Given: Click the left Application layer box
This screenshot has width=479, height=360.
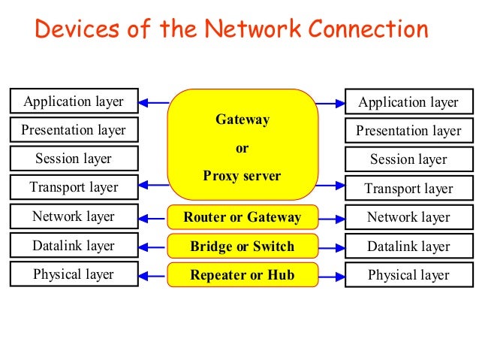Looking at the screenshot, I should (x=74, y=101).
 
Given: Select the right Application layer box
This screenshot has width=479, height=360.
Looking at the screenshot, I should (x=408, y=102).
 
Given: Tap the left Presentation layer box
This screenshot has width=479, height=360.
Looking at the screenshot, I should (x=74, y=130).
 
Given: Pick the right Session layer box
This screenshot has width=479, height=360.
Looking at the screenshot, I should (x=408, y=159).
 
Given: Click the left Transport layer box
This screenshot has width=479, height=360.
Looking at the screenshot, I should (x=74, y=187).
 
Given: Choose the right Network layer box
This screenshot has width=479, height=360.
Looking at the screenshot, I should (x=408, y=217).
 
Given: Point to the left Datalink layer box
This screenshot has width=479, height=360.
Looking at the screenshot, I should (x=74, y=246).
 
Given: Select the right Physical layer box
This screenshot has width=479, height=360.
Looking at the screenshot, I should (x=408, y=275).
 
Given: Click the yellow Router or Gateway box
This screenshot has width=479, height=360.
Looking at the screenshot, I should (x=242, y=218).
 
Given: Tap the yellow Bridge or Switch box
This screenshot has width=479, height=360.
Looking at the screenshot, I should (x=242, y=247).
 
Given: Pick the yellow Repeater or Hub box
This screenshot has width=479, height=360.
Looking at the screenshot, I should (x=242, y=275).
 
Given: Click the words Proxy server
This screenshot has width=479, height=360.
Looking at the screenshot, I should (x=242, y=177).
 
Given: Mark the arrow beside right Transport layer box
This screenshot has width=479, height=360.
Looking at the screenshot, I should (x=331, y=184).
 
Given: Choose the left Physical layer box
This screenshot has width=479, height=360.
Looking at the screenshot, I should (x=74, y=274).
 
